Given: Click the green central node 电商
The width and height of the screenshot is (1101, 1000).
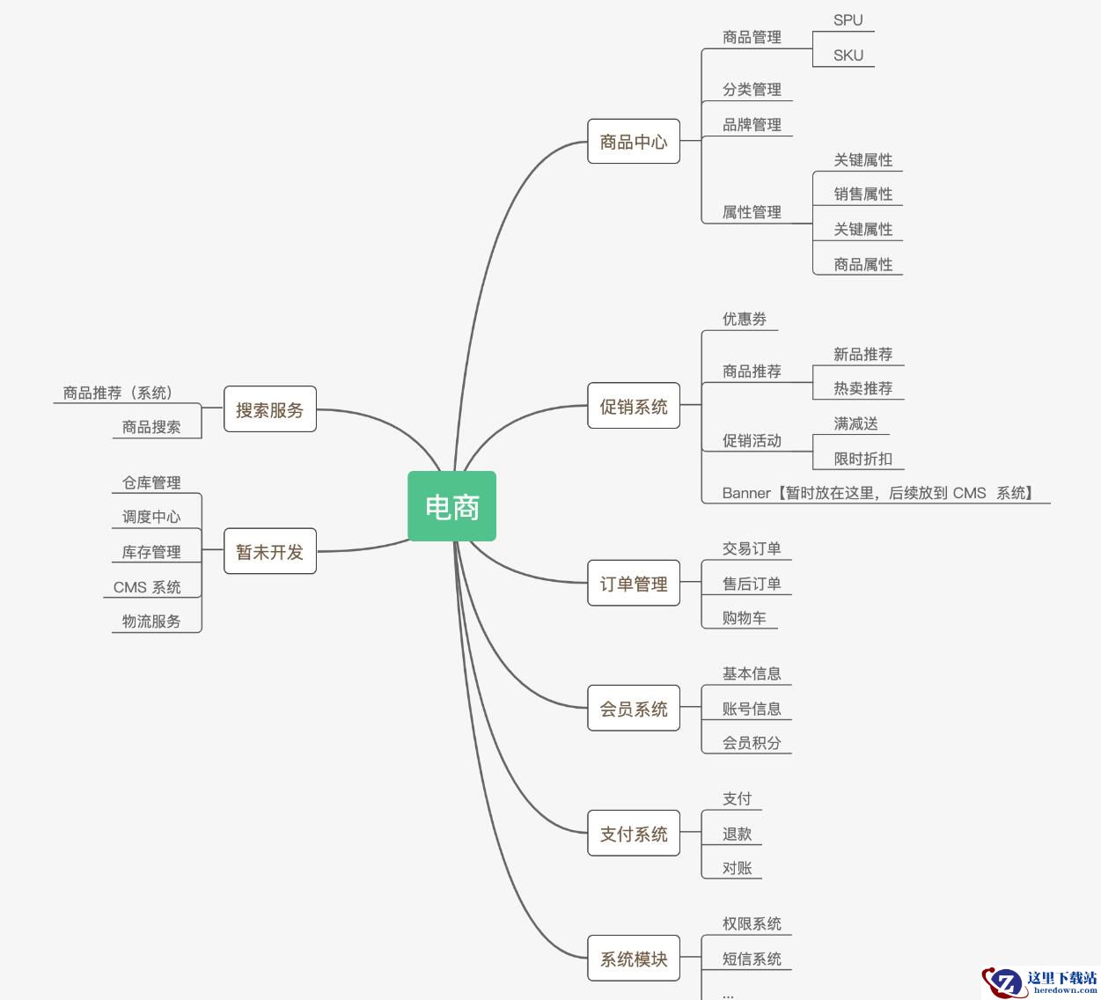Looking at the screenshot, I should pyautogui.click(x=451, y=506).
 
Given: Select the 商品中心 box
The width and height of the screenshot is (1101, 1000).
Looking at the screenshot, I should pyautogui.click(x=634, y=142).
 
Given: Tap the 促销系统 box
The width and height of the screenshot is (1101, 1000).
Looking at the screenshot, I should pyautogui.click(x=634, y=407).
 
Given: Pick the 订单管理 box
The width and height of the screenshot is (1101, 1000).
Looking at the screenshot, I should pyautogui.click(x=634, y=584).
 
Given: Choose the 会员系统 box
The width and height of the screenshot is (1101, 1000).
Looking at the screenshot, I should pyautogui.click(x=634, y=709).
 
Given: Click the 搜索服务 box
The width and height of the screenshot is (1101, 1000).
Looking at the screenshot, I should pyautogui.click(x=269, y=409).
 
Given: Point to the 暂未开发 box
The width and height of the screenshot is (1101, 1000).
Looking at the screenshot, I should pyautogui.click(x=269, y=552).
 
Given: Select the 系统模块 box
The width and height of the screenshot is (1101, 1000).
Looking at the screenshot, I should pyautogui.click(x=634, y=959).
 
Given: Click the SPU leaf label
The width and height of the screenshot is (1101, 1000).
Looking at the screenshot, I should pyautogui.click(x=848, y=20).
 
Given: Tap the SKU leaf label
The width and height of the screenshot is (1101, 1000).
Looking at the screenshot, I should pyautogui.click(x=848, y=55).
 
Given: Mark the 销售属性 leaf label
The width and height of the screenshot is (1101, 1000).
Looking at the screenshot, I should pyautogui.click(x=862, y=195).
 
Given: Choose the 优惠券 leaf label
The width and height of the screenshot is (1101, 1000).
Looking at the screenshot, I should pyautogui.click(x=744, y=319).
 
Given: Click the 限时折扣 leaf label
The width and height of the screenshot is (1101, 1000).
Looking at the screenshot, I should pyautogui.click(x=862, y=459).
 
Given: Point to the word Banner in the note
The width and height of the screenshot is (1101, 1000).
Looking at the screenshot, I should pyautogui.click(x=746, y=493).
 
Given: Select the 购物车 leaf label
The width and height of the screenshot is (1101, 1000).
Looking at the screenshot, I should pyautogui.click(x=744, y=618).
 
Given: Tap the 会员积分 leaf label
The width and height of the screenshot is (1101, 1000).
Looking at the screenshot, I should pyautogui.click(x=752, y=743).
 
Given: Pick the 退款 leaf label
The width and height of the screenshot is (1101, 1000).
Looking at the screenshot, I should pyautogui.click(x=737, y=834).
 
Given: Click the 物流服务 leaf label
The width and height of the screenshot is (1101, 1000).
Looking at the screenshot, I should pyautogui.click(x=151, y=621).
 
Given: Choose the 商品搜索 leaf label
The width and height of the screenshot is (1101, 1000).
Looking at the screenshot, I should pyautogui.click(x=151, y=427).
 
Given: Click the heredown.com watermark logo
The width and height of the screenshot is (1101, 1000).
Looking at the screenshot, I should pyautogui.click(x=1039, y=982).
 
